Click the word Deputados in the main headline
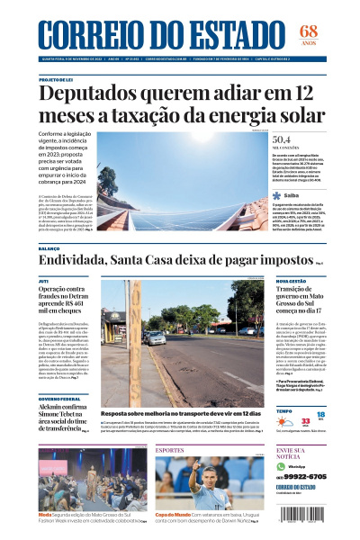(x=90, y=94)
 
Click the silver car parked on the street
(x=246, y=331)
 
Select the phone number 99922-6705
(x=305, y=477)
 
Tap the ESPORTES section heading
(x=170, y=449)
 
